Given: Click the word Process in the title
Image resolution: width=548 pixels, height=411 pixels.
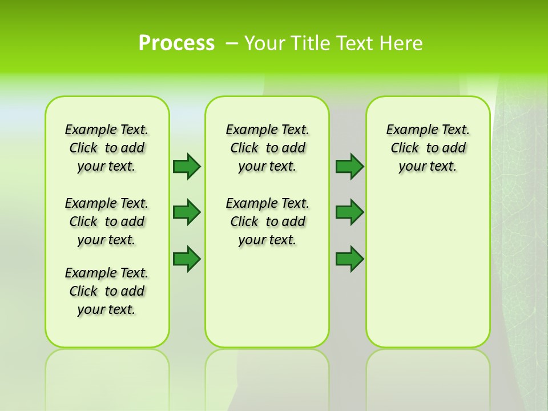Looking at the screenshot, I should tap(176, 43).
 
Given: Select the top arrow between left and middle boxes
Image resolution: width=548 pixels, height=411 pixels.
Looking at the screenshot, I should tap(187, 166).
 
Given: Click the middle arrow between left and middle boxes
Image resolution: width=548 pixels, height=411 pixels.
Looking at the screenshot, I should tap(187, 212).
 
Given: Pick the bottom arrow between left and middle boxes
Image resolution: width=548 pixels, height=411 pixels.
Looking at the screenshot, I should tap(187, 259).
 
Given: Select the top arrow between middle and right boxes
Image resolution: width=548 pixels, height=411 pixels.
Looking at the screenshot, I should tap(349, 166).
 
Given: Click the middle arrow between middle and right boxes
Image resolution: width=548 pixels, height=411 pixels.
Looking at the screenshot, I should tap(349, 212).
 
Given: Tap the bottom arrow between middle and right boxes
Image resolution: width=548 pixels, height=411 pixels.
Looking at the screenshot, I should tap(349, 259).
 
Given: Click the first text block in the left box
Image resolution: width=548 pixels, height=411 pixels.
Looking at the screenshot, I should tap(107, 148).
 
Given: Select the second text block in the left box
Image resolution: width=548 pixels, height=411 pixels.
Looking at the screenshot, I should tap(107, 221).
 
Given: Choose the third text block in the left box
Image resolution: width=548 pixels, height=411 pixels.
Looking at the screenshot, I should tap(107, 291).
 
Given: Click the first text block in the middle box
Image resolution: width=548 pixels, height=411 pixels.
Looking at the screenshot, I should tap(267, 148).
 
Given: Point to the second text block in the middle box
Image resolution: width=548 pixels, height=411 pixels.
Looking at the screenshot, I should tap(267, 221).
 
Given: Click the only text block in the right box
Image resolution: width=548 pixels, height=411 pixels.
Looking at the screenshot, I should tap(428, 148).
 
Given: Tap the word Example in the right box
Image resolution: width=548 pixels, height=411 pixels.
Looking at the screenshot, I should tap(409, 130).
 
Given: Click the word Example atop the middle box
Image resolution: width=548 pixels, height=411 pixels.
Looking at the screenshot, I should tap(248, 130).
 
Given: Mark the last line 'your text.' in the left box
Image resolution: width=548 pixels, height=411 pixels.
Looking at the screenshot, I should tap(107, 309).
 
